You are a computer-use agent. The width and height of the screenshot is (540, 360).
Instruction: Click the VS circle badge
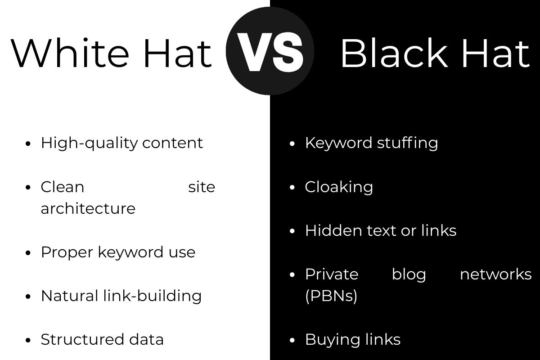pos(270,51)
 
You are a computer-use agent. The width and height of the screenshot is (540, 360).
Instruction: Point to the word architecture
pos(88,209)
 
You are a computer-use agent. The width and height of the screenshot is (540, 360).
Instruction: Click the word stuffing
pos(407,143)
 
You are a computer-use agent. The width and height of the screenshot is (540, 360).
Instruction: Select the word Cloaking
pos(339,187)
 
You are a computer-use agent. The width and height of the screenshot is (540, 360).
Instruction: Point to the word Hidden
pos(327,230)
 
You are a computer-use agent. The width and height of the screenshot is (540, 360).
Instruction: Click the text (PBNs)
pos(331,296)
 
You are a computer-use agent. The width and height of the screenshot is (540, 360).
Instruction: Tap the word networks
pos(495,274)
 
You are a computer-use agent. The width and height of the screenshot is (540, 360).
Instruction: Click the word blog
pos(409,274)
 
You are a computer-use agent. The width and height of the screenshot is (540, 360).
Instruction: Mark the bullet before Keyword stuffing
pos(292,144)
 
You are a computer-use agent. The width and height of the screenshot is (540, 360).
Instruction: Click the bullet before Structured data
pos(28,340)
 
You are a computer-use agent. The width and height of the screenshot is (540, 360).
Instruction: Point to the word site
pos(202,187)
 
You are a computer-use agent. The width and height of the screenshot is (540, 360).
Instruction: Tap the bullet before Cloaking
pos(292,187)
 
